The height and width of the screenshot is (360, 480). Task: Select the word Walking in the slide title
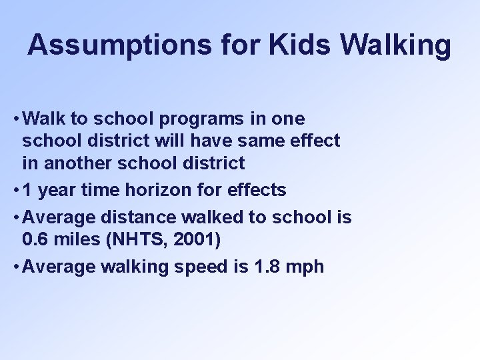point(395,45)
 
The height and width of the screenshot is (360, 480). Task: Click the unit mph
point(305,267)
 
